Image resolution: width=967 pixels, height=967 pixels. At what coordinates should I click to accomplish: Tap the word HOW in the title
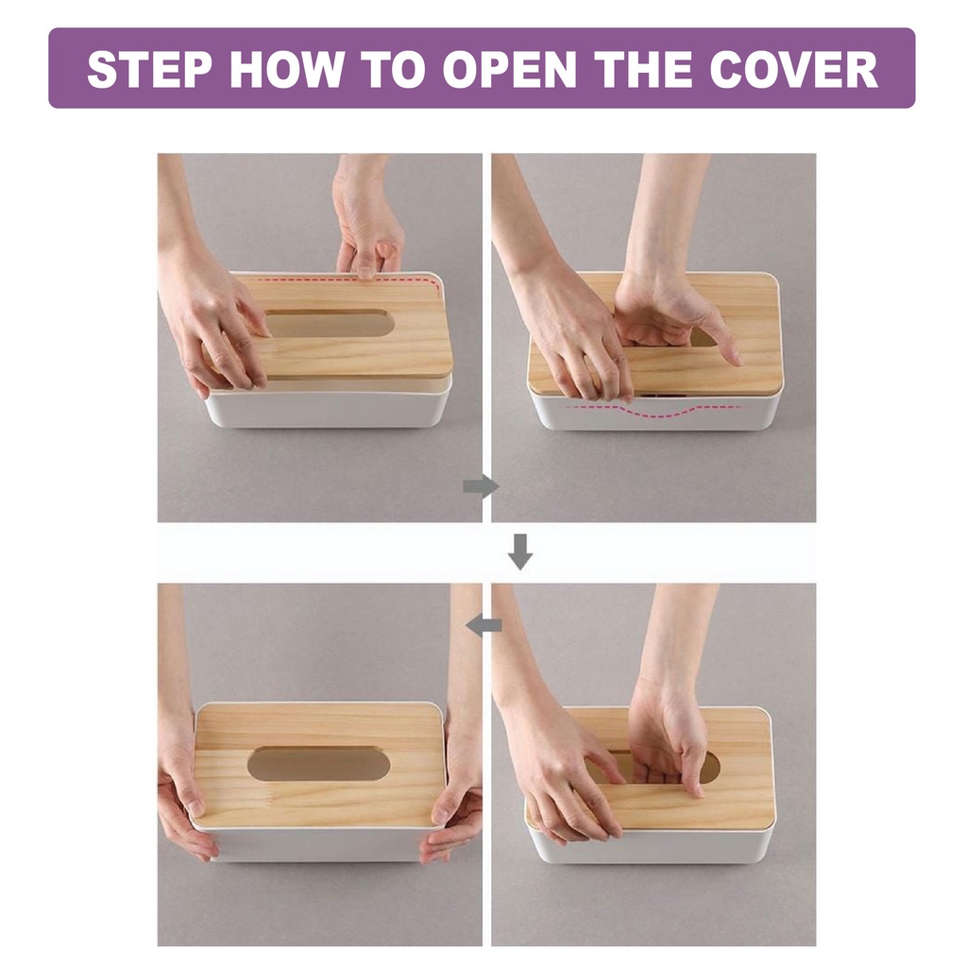[x=289, y=68]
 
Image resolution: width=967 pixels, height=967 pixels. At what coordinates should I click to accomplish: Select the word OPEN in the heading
[x=508, y=68]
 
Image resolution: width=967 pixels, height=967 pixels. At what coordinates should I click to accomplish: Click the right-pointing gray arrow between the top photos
[x=481, y=487]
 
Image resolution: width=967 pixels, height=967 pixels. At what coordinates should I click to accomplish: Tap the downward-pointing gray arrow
[x=520, y=551]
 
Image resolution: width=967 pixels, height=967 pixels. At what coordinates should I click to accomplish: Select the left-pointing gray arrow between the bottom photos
[x=484, y=626]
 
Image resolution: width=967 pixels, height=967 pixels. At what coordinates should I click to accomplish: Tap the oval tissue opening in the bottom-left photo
[x=318, y=763]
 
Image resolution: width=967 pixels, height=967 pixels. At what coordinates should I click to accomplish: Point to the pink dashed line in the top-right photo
[x=653, y=410]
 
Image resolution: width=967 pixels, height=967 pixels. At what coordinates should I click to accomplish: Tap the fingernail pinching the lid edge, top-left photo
[x=365, y=273]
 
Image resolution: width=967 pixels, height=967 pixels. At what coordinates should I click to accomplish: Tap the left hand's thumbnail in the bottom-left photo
[x=196, y=807]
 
